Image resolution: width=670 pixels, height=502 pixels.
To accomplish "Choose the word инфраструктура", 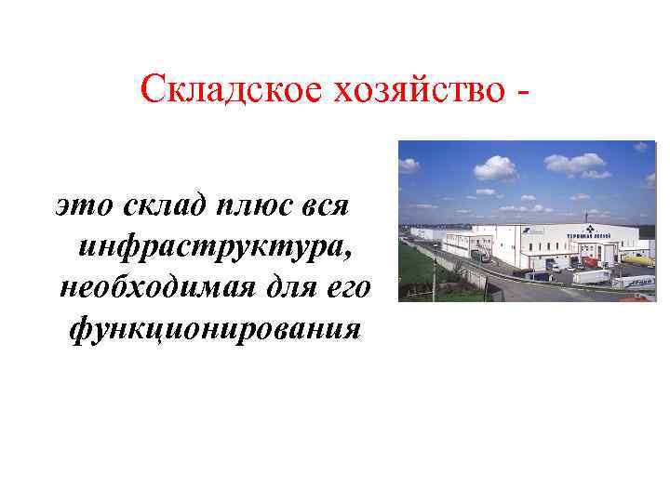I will (216, 245).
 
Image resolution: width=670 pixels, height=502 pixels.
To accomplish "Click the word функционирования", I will (214, 329).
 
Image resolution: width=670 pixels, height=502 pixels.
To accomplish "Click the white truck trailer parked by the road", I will (591, 275).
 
